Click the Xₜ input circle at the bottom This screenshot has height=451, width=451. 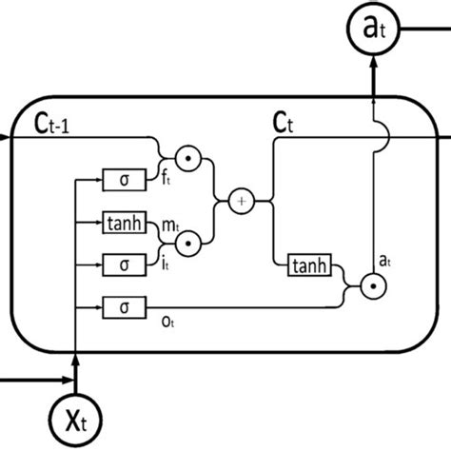[x=73, y=415]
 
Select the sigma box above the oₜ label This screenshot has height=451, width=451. [x=125, y=305]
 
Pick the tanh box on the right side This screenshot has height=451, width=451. [x=310, y=268]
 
